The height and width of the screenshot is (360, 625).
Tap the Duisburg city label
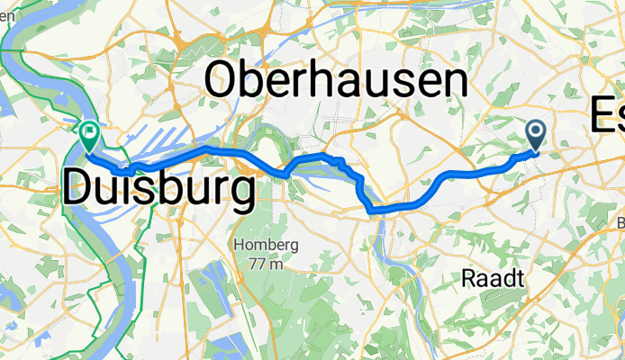point(158,190)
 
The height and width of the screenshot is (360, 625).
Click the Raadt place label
point(493,279)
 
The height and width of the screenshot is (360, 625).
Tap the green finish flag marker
point(90,137)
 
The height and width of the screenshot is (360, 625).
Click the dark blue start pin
point(536,136)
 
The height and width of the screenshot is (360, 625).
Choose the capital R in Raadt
point(467,279)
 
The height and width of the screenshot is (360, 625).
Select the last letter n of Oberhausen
point(454,85)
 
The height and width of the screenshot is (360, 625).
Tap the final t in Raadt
point(519,279)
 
